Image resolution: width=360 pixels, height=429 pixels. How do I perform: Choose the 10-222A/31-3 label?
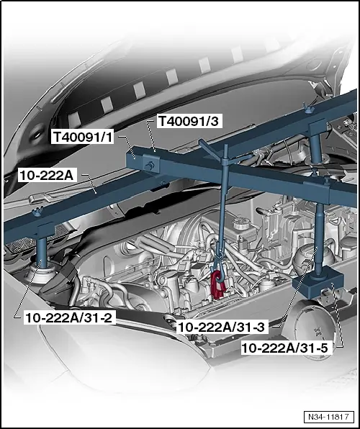222,327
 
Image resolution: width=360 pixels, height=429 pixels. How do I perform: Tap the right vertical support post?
318,216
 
